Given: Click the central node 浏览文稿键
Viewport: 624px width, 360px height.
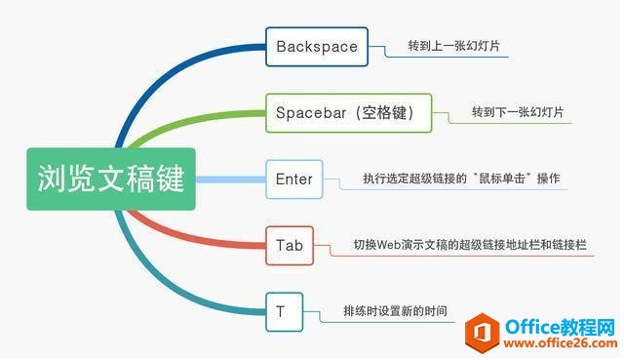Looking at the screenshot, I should (110, 179).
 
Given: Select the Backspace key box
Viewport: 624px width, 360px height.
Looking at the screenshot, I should (317, 46).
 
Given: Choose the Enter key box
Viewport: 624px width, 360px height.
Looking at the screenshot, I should (293, 180).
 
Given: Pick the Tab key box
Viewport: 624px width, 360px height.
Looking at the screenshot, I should (290, 245).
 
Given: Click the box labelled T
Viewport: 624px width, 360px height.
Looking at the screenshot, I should (281, 311).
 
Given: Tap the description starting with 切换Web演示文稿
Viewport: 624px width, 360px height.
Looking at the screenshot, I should (471, 245).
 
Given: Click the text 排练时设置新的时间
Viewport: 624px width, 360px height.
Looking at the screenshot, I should (395, 311).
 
